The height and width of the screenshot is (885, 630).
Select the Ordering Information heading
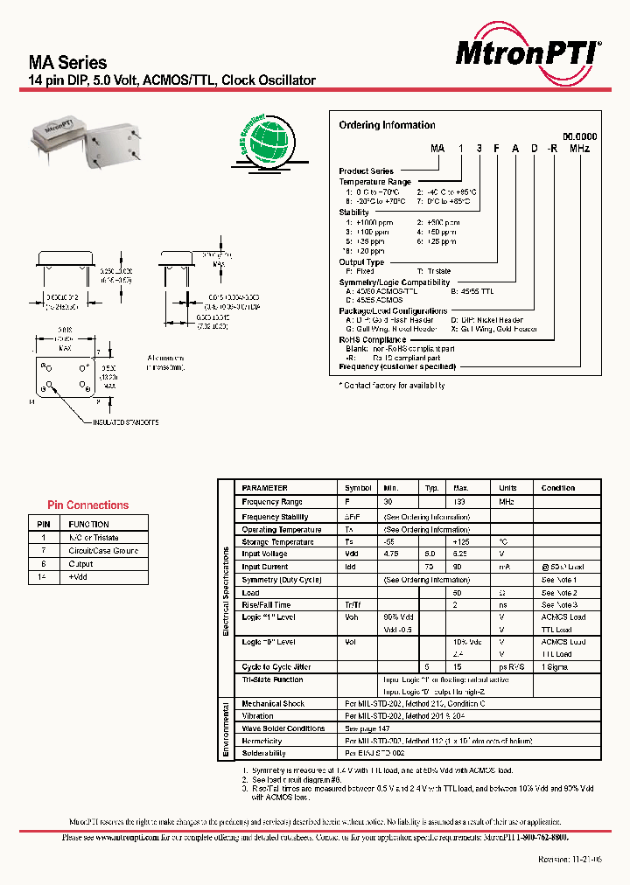coord(387,125)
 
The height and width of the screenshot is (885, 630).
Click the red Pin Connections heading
coord(87,505)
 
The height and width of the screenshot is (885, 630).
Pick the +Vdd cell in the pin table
coord(80,577)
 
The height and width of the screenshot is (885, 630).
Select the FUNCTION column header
coord(88,524)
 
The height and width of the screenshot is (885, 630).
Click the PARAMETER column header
coord(264,488)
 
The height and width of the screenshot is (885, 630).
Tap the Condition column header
coord(557,488)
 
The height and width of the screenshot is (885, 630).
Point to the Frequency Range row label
coord(272,502)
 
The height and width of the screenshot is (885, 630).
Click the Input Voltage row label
coord(265,554)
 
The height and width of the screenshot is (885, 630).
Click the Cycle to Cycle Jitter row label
coord(276,667)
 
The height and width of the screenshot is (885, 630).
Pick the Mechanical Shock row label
coord(273,703)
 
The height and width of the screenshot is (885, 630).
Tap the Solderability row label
coord(263,753)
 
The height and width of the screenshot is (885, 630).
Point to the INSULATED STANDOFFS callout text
coord(126,422)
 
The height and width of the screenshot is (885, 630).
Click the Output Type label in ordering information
coord(361,262)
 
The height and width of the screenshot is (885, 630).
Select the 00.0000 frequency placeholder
coord(579,137)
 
